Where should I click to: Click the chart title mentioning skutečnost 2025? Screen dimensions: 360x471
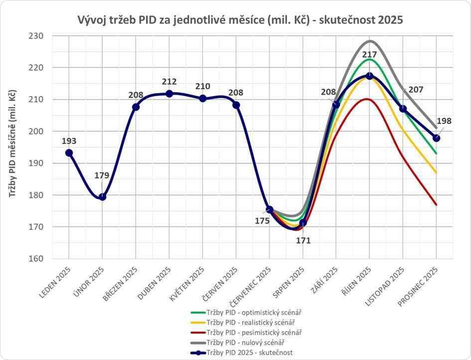coord(240,20)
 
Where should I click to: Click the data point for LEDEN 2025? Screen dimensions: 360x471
coord(69,153)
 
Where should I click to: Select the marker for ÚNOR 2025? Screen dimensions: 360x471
coord(102,197)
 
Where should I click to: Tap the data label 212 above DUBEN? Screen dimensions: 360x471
coord(169,82)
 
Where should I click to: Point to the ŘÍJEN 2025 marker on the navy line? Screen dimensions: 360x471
coord(369,76)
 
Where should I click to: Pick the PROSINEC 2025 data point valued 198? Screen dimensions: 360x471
coord(436,138)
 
